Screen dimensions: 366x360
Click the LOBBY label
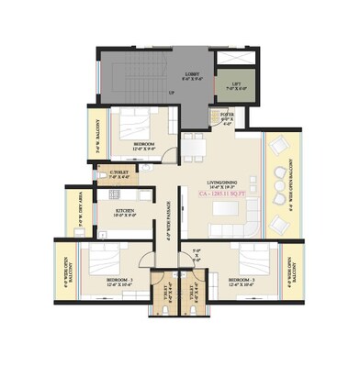pyautogui.click(x=192, y=76)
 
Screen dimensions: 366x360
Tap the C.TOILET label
pyautogui.click(x=118, y=174)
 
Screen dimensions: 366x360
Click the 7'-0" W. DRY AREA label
pyautogui.click(x=69, y=209)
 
